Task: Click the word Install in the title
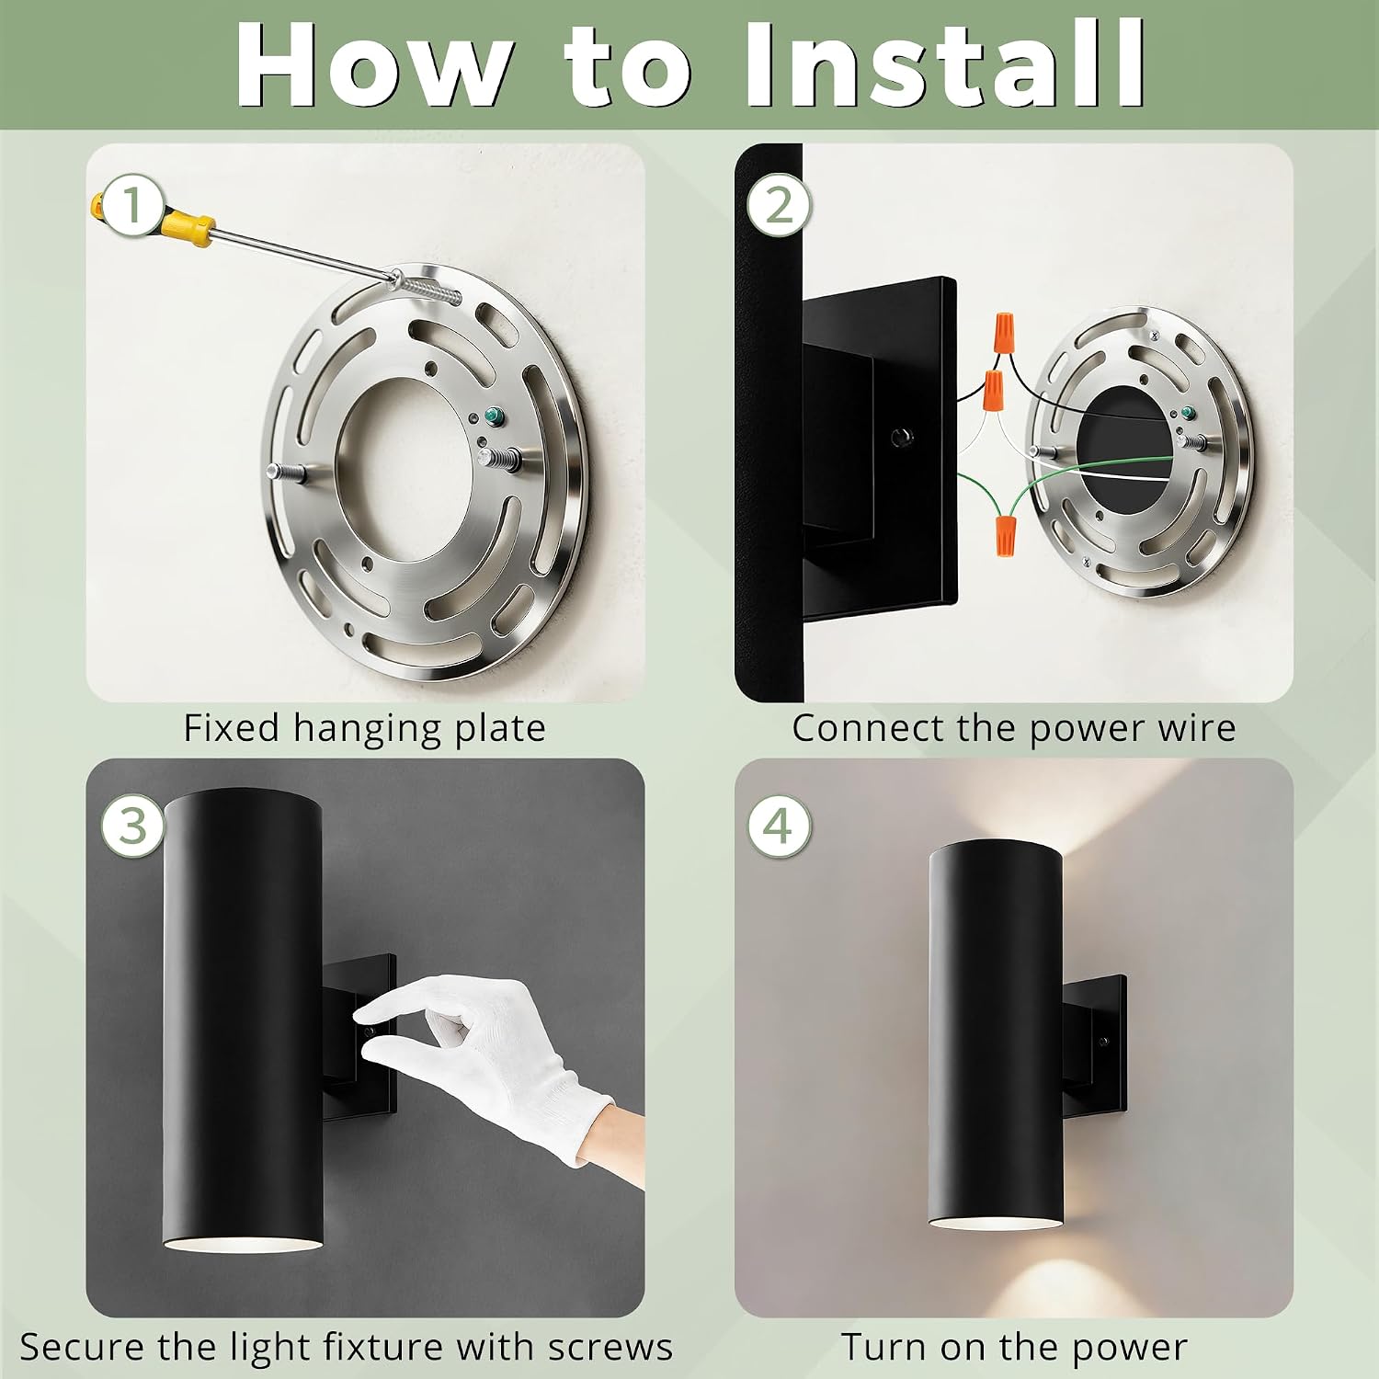click(x=945, y=64)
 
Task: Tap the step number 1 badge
click(x=133, y=205)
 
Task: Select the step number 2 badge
click(x=779, y=204)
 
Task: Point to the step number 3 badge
click(x=133, y=826)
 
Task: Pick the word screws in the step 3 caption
click(x=610, y=1348)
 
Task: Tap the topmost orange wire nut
click(x=1004, y=328)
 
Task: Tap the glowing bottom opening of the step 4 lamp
click(x=997, y=1223)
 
